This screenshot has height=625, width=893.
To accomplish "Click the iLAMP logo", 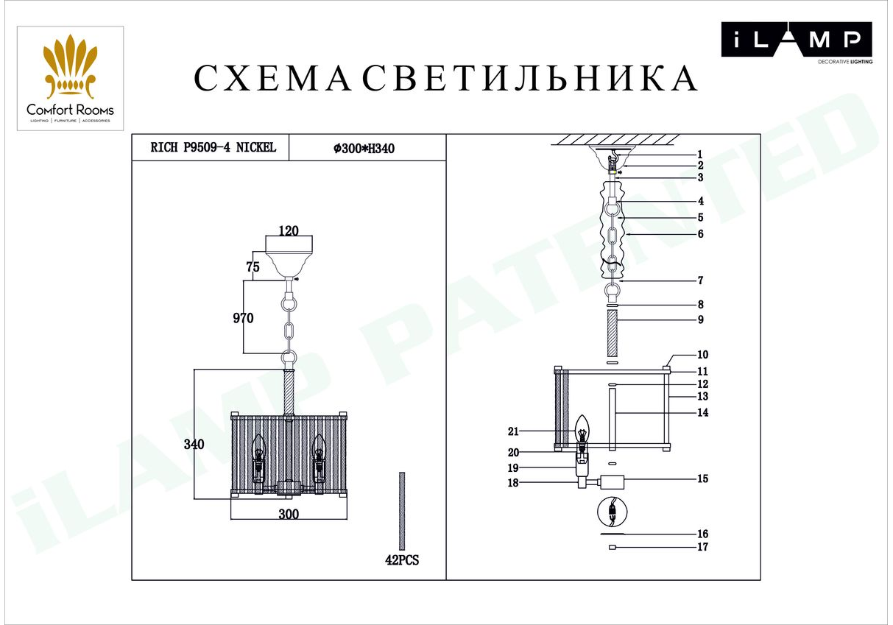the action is pos(797,42).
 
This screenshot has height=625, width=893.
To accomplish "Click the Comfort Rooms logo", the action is pos(70,79).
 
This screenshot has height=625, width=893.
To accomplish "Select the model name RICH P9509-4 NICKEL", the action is pos(213,147).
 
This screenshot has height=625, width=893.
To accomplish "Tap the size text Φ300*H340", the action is pos(364,148).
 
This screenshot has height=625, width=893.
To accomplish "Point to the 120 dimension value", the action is pos(289,231).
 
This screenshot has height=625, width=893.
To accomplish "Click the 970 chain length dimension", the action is pos(243,318).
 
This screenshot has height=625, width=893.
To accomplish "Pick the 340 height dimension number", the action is pos(194,444).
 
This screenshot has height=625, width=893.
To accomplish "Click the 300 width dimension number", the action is pos(289,514).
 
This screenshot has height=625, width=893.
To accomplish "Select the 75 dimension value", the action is pos(253,266).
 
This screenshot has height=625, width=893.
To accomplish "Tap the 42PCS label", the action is pos(402,560).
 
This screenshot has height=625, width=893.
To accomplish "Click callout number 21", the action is pos(513,431).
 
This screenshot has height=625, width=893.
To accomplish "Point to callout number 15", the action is pos(702,479).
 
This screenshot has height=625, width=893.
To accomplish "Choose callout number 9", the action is pos(700,319).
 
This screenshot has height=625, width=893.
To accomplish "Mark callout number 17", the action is pos(702,546).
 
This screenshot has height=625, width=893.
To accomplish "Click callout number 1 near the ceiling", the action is pos(699,155).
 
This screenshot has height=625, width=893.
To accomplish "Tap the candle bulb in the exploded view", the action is pos(582,429).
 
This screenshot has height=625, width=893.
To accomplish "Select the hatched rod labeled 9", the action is pos(613,334).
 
